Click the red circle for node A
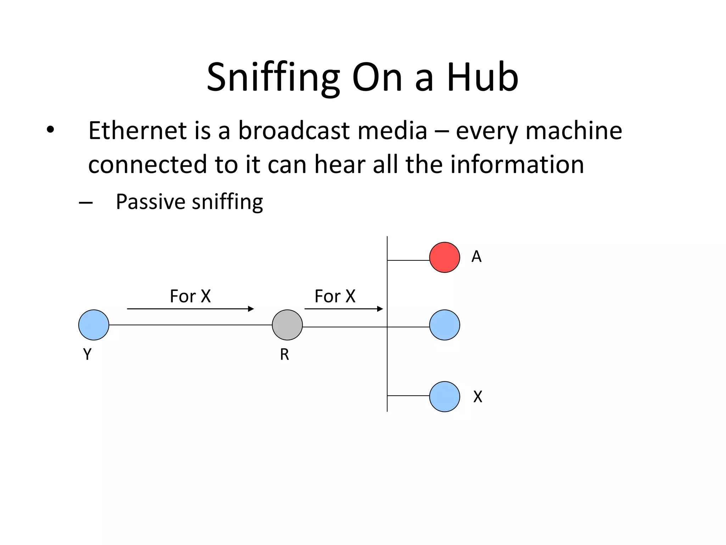445,257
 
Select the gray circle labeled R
287,325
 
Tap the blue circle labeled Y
94,325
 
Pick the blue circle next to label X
445,396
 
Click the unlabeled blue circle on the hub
445,325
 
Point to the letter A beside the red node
476,257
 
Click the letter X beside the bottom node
478,397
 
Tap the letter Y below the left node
87,354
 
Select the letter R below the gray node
284,354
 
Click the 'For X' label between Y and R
190,296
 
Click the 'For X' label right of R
335,296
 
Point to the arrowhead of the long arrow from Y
251,309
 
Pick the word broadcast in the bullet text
294,131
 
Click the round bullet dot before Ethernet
50,130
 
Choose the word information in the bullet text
517,164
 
